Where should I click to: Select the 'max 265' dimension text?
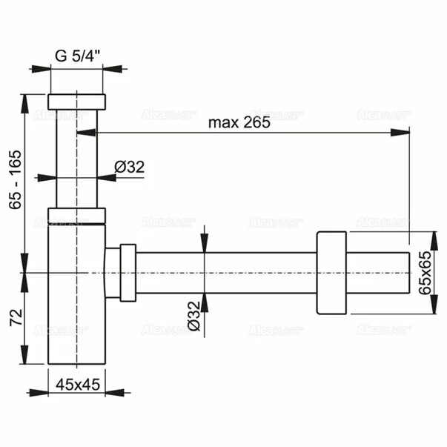click(239, 123)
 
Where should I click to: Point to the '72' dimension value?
click(14, 318)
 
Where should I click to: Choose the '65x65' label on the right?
click(424, 273)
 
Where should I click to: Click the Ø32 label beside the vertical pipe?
click(130, 168)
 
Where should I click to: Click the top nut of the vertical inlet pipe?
click(77, 102)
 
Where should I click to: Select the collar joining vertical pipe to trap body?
click(77, 216)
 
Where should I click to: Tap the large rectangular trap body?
click(77, 297)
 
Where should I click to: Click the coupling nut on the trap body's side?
click(127, 273)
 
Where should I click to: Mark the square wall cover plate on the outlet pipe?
click(331, 273)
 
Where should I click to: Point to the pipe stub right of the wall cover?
click(378, 273)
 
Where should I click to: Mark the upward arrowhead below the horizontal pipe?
click(205, 300)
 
